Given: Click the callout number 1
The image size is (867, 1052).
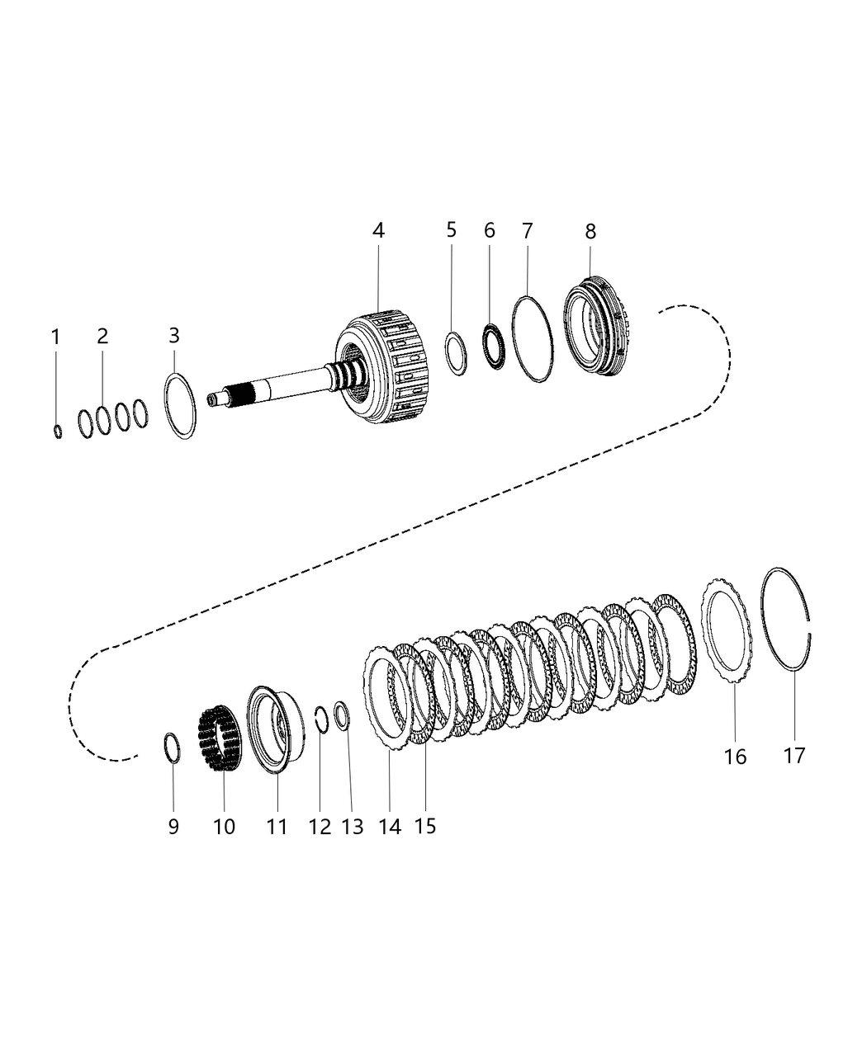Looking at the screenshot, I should (x=55, y=337).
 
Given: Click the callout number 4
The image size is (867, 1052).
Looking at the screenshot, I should (x=377, y=231).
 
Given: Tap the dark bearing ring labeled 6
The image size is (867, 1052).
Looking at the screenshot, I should (x=494, y=346).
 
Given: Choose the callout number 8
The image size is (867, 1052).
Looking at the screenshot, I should (x=590, y=232).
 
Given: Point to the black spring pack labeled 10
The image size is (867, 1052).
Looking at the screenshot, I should (x=219, y=737).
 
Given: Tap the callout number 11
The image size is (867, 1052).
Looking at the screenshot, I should (x=277, y=826).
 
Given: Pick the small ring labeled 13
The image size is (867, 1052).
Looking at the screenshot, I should (x=343, y=714).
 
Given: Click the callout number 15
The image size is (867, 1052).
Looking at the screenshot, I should (x=424, y=825).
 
